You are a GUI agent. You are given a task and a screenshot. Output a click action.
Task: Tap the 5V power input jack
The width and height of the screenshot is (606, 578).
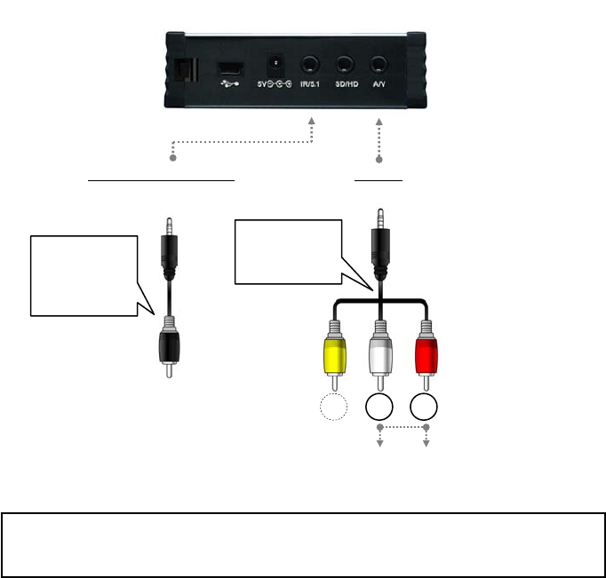tap(275, 65)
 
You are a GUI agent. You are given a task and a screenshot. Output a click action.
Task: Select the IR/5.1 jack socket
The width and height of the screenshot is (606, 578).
tap(310, 64)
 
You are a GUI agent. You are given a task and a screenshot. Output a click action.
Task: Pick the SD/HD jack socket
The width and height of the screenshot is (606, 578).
tap(346, 64)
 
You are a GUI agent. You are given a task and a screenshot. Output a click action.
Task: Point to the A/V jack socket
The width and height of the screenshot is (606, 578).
tap(379, 64)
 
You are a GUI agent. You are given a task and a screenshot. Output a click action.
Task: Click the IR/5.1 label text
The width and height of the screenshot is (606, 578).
tap(310, 84)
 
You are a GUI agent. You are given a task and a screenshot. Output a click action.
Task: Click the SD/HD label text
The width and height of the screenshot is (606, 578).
tap(346, 84)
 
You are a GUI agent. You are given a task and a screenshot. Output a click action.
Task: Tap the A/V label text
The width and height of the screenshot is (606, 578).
tap(379, 84)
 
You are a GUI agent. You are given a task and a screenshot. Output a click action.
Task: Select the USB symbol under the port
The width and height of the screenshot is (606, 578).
tap(229, 84)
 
